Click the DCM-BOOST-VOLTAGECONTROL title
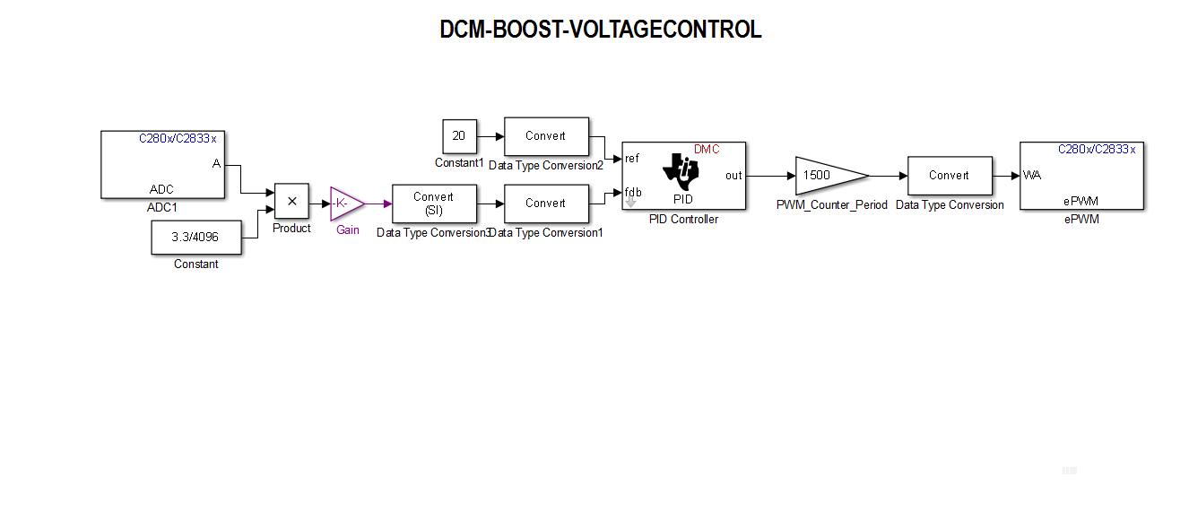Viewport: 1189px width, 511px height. (600, 30)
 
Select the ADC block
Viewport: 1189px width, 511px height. (162, 164)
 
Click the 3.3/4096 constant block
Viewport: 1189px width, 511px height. (195, 238)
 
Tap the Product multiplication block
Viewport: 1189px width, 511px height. (291, 202)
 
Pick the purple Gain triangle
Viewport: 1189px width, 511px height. (345, 204)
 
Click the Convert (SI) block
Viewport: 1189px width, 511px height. (433, 204)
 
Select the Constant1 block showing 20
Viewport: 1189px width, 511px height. (459, 136)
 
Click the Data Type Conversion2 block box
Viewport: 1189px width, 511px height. (546, 136)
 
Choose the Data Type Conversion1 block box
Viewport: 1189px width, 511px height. (546, 204)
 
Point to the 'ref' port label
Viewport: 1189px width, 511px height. (632, 159)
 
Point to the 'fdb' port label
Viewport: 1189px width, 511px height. (633, 192)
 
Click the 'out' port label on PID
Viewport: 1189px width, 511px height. (733, 176)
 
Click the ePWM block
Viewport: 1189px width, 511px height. (1081, 176)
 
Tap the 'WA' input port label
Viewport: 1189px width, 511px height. (1032, 176)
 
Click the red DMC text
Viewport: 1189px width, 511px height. (707, 150)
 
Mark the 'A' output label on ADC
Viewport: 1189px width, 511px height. (216, 163)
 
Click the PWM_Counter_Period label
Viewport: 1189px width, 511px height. (831, 205)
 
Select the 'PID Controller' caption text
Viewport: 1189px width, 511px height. (683, 220)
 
